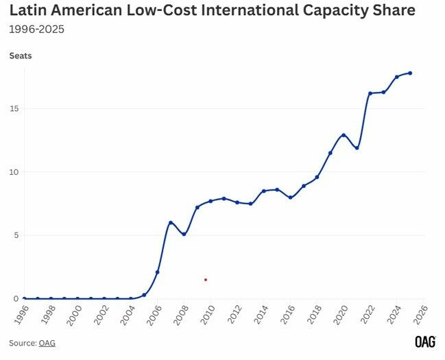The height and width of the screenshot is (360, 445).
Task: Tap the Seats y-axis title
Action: click(x=20, y=56)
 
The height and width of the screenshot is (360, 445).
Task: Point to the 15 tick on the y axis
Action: click(x=13, y=109)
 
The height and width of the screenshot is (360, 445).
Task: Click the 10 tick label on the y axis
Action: click(x=13, y=172)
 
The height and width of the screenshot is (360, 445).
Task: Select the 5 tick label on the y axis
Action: click(x=15, y=235)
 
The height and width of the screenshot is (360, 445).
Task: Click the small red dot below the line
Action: click(x=205, y=280)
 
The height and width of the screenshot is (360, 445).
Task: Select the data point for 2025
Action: click(x=410, y=73)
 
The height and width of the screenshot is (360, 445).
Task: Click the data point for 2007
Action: click(x=171, y=223)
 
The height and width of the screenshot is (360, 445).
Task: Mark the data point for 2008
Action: click(x=184, y=235)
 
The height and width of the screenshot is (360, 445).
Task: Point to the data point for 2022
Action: click(x=370, y=93)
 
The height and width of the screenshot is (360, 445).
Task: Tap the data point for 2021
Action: click(x=357, y=148)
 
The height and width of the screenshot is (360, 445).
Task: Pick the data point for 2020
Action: click(x=344, y=135)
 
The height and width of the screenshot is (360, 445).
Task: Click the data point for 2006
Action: click(x=158, y=272)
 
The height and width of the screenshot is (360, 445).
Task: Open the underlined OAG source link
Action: click(x=47, y=343)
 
